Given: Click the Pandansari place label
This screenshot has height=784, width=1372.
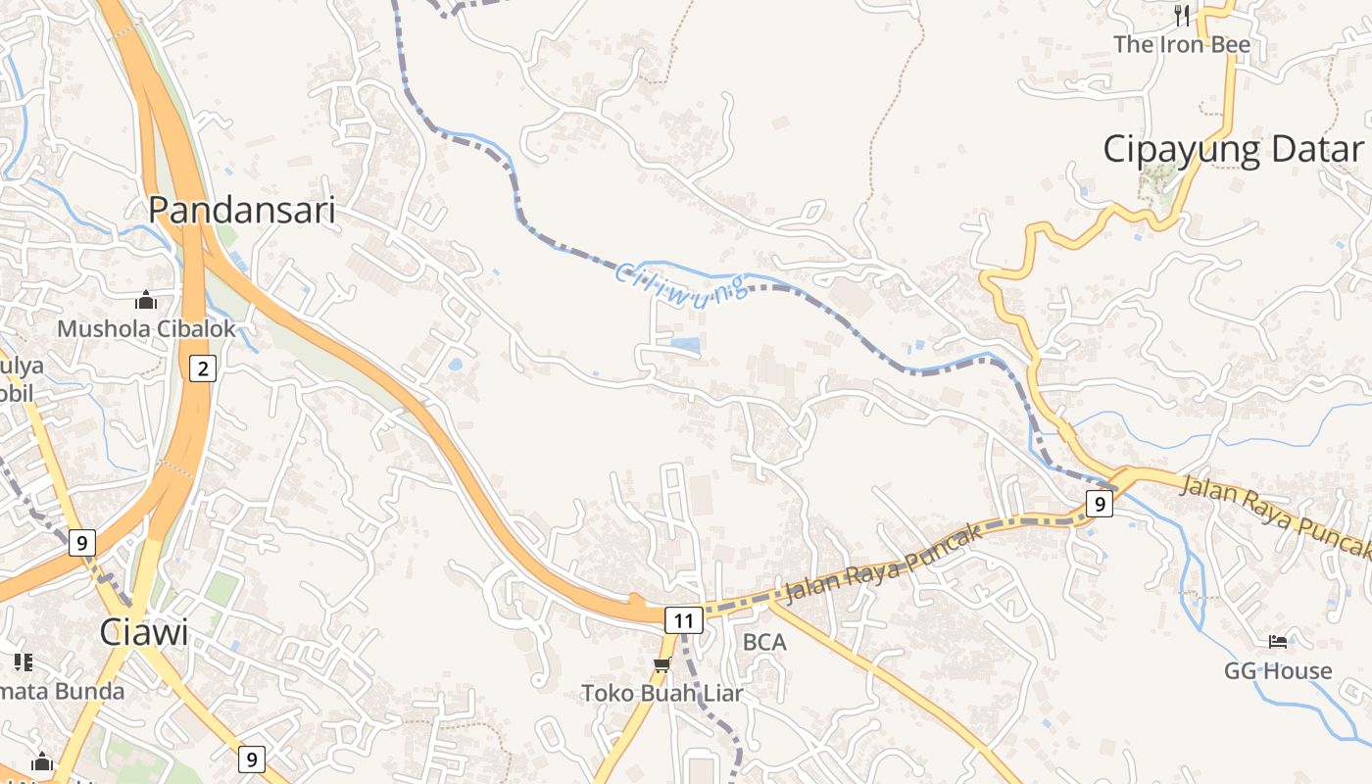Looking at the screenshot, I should click(x=241, y=210).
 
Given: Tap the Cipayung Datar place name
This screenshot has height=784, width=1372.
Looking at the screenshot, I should click(x=1233, y=150).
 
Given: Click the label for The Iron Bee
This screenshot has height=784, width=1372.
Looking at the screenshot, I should click(x=1181, y=44).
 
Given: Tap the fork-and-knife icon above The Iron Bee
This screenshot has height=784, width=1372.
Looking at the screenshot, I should click(x=1182, y=15).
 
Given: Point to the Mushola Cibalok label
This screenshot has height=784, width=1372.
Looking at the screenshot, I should click(x=146, y=328).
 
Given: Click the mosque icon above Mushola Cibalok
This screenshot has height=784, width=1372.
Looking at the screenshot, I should click(x=146, y=299).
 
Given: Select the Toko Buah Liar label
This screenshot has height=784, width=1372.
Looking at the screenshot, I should click(x=662, y=693).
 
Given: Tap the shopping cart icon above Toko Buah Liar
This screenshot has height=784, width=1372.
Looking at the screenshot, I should click(x=661, y=665).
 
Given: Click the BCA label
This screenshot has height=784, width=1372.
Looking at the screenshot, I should click(x=764, y=642).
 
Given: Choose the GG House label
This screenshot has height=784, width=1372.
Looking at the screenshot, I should click(x=1278, y=671).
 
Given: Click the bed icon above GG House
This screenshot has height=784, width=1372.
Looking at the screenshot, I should click(x=1278, y=642).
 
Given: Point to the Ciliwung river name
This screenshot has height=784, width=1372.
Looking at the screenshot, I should click(x=682, y=281).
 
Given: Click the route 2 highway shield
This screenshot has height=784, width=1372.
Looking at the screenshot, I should click(x=203, y=368).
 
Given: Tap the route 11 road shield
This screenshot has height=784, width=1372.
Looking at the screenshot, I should click(x=683, y=620).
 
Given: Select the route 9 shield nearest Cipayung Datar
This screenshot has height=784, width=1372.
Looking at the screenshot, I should click(x=1100, y=505).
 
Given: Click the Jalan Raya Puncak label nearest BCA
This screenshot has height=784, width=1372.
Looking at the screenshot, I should click(x=882, y=563).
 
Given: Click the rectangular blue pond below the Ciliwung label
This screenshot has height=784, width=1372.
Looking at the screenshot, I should click(x=686, y=345).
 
